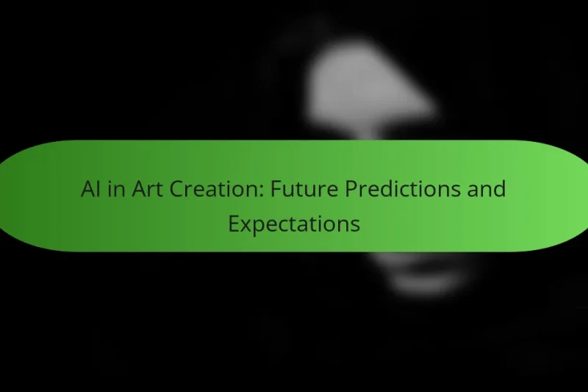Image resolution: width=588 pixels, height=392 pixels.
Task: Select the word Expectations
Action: tap(294, 224)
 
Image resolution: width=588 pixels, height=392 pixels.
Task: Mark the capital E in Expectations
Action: tap(233, 224)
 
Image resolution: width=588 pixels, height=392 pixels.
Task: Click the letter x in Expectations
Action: tap(245, 225)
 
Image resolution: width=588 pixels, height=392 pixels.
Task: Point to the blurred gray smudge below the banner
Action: tap(426, 276)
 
